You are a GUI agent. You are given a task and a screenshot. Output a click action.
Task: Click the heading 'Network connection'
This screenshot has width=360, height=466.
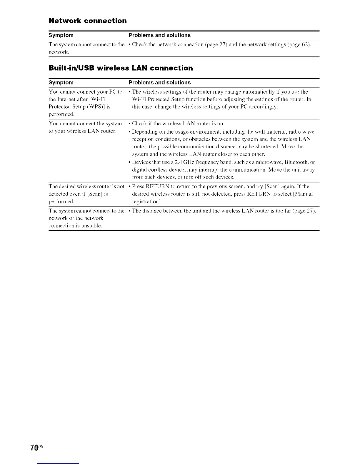tap(88, 21)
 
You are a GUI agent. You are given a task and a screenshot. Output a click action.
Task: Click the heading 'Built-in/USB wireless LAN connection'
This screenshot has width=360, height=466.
tap(121, 68)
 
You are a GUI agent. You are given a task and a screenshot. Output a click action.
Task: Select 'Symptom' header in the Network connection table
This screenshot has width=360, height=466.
tap(61, 35)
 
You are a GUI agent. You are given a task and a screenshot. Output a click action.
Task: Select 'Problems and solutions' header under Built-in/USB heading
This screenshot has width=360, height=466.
tap(160, 83)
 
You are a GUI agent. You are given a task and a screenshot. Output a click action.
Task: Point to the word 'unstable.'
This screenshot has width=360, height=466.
tap(92, 226)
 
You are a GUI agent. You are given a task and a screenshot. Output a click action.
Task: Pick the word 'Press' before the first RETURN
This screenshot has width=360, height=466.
tap(138, 186)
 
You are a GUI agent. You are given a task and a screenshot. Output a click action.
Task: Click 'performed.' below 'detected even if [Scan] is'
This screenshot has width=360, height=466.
tap(61, 202)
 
